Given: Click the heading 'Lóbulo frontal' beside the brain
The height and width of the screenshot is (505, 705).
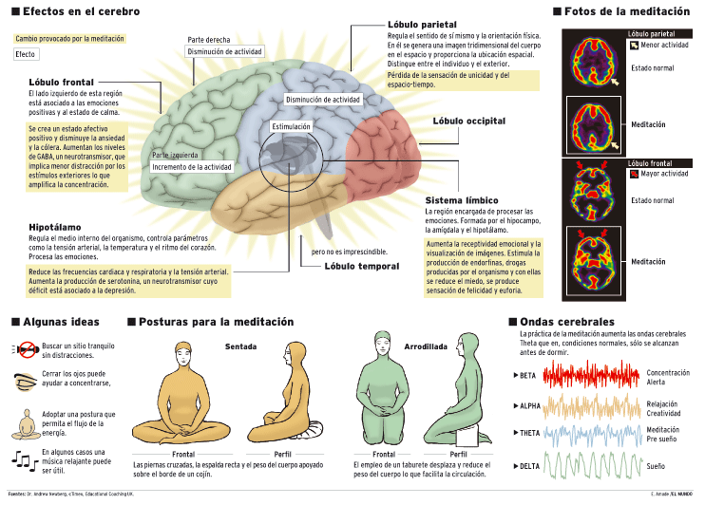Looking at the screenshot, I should [x=61, y=83].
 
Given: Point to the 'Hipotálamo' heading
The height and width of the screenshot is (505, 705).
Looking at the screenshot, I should [x=54, y=228].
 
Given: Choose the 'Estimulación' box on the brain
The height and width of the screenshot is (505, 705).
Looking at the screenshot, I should [x=292, y=126].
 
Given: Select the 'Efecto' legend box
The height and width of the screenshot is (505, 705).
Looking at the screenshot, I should [x=26, y=55].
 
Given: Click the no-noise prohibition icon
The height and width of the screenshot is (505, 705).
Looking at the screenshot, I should [x=27, y=349].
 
